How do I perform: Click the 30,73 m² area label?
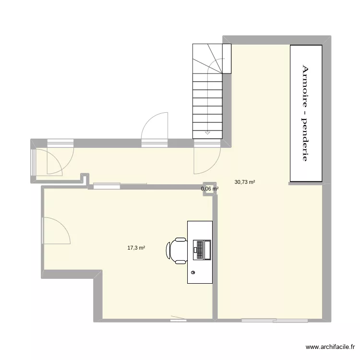pos(245,182)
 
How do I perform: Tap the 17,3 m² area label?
pos(136,248)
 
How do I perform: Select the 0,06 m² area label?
pos(210,189)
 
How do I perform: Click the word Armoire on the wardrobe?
pos(305,86)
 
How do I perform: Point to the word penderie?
pos(305,139)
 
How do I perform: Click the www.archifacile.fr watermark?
pos(330,347)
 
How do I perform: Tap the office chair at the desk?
pos(176,251)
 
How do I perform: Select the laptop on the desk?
pos(202,250)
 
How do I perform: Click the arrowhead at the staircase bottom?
pos(207,132)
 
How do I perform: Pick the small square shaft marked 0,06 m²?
pos(210,189)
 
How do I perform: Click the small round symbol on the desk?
pos(193,273)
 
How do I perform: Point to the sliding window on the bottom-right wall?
pos(275,321)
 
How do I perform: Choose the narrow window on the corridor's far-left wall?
pos(34,163)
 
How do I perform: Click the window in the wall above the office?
pos(107,186)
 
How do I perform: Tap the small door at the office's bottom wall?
pos(178,319)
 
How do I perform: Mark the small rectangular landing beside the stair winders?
pos(227,59)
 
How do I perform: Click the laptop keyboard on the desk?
pos(200,250)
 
